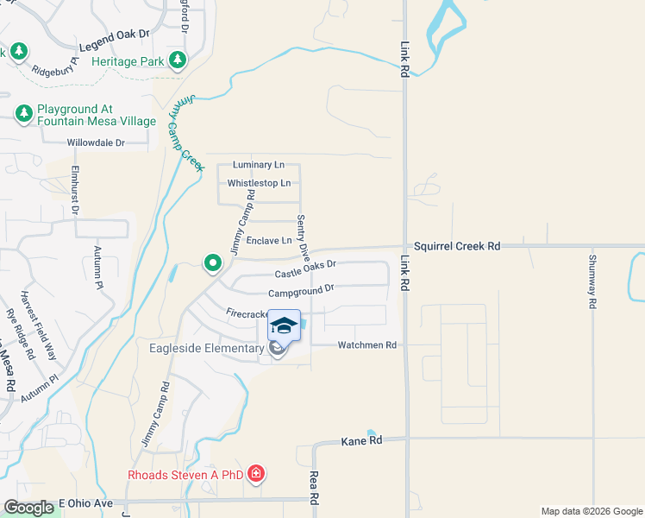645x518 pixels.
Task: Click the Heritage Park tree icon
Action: (178, 60)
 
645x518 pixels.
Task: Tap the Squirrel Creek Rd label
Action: (457, 246)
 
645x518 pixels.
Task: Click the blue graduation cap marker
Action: (285, 326)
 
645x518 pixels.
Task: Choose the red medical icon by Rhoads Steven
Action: (255, 473)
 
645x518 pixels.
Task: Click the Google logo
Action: (28, 508)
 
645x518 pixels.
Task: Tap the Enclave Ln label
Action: (270, 241)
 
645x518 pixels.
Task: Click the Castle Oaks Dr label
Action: (304, 271)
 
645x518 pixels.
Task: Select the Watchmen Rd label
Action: (366, 345)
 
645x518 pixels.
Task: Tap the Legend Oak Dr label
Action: (114, 40)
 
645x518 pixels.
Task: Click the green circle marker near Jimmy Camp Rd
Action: (210, 262)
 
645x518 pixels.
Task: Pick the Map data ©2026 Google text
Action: (592, 511)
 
